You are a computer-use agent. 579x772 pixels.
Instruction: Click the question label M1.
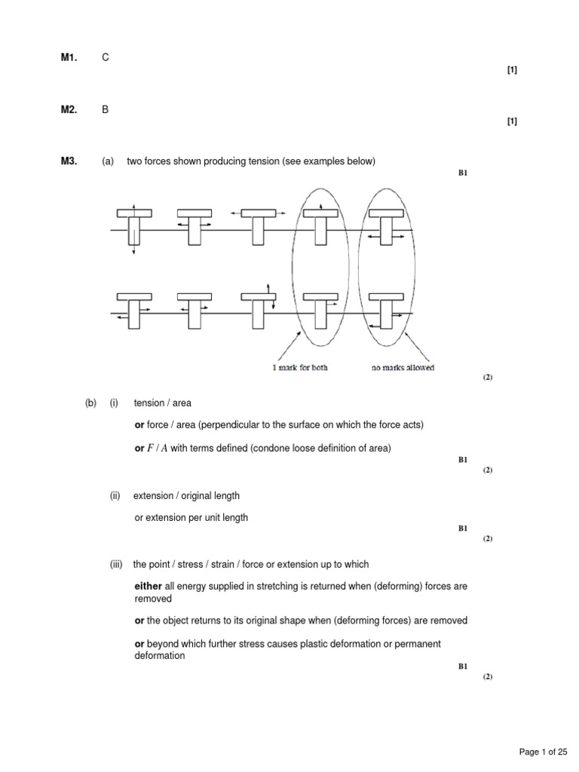click(x=69, y=57)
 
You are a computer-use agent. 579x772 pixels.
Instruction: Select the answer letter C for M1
click(x=106, y=57)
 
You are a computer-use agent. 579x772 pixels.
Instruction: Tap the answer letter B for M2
click(x=106, y=109)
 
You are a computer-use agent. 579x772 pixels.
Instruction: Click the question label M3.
click(x=69, y=161)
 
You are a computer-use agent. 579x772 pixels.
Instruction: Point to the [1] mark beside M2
click(x=512, y=121)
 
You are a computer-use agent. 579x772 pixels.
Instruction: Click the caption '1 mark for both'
click(x=300, y=368)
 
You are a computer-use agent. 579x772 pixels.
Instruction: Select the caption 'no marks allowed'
click(x=403, y=368)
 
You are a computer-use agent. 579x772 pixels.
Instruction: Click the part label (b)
click(x=91, y=403)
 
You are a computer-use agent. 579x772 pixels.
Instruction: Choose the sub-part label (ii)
click(x=115, y=496)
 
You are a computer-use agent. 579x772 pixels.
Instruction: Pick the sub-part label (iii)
click(x=116, y=564)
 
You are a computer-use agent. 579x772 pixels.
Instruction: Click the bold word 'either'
click(x=148, y=586)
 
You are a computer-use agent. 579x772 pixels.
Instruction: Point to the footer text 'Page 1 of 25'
click(x=543, y=752)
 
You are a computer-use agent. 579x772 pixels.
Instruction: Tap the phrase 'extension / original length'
click(x=186, y=496)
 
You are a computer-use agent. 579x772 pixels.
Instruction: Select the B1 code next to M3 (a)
click(x=463, y=173)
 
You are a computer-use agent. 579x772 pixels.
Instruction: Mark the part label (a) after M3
click(x=108, y=161)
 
